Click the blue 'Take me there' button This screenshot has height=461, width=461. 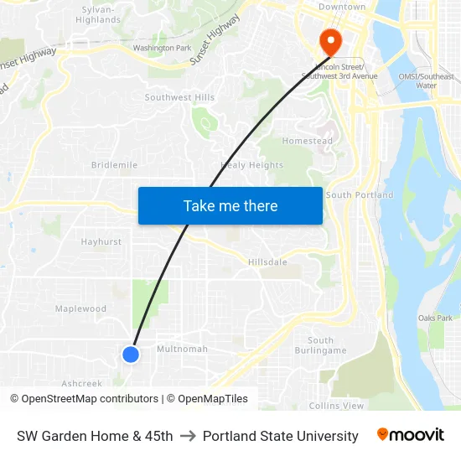pos(230,205)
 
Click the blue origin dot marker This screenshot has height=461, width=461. pos(131,355)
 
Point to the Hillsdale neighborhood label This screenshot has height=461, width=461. pos(267,262)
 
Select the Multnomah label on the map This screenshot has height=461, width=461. pos(182,349)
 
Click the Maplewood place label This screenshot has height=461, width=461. pos(80,308)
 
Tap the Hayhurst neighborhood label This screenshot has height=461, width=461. pos(101,242)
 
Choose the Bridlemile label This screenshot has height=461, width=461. pos(114,165)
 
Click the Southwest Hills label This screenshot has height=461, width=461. pos(179,98)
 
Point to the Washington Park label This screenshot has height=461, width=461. pos(162,48)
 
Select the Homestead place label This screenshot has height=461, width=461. pos(307,142)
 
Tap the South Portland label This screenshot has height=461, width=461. pos(359,195)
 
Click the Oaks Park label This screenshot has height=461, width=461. pos(435,319)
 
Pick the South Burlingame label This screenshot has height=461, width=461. pos(320,345)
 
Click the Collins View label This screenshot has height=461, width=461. pos(336,406)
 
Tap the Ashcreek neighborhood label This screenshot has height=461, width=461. pos(81,383)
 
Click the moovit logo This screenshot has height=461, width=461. pos(410,435)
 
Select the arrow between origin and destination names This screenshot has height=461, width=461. pos(188,436)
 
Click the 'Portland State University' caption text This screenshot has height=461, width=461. pos(280,436)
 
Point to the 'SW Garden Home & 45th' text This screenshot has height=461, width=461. pos(95,436)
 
